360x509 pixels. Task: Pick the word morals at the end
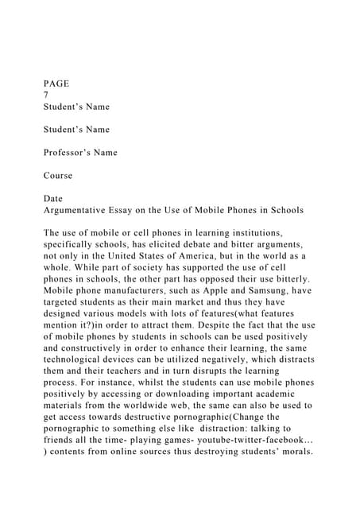pyautogui.click(x=291, y=453)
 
